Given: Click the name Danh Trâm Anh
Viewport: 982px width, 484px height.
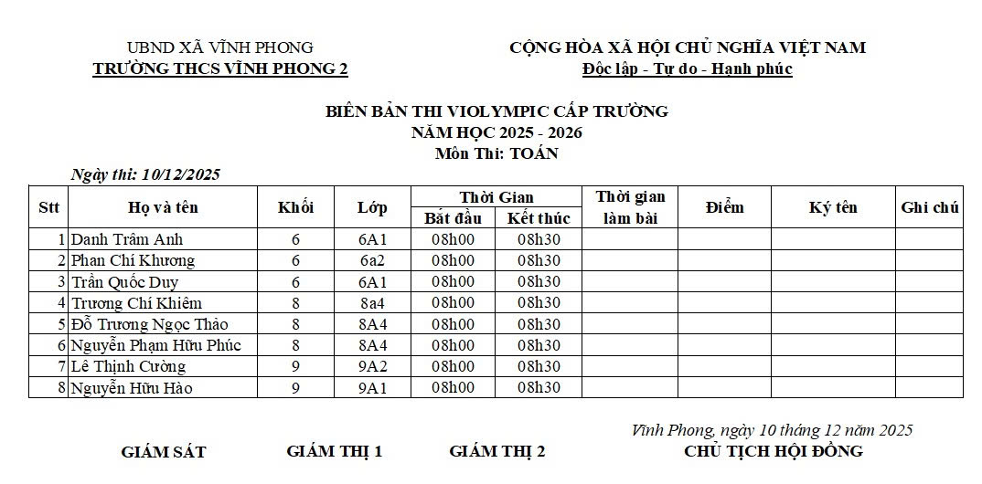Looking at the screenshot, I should coord(127,239).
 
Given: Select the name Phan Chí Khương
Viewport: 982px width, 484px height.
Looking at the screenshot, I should coord(133,260).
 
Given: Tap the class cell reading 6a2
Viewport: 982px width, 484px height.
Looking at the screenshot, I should coord(372,260).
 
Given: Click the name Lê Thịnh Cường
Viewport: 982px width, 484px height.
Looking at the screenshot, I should coord(129,366).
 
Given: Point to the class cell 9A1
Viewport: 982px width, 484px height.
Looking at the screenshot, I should coord(372,388).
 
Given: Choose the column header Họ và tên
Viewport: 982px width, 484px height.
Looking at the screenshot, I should coord(163,207).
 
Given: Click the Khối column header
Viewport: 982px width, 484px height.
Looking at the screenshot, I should coord(295,207).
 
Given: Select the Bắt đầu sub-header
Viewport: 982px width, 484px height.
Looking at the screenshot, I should coord(453,218).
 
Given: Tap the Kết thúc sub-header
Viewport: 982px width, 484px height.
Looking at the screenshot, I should coord(539,218).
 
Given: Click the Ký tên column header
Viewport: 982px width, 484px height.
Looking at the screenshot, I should coord(833,207).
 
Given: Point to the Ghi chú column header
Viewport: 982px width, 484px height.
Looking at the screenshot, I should coord(929,207).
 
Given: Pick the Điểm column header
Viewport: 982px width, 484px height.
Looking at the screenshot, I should coord(724,207).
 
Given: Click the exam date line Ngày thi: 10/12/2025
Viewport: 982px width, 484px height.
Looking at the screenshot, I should coord(145,174).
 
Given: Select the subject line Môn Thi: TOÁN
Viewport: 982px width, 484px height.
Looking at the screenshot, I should coord(496,153).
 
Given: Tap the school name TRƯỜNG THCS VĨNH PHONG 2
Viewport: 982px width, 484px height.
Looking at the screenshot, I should coord(220,69).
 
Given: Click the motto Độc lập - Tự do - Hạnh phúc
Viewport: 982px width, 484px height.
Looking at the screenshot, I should coord(688,69).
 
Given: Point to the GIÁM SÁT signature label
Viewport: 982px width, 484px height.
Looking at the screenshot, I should coord(164,452).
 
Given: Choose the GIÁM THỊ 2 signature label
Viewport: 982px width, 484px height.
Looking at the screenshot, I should coord(497,451).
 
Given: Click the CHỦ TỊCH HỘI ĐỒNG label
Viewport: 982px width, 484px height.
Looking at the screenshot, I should coord(773,451).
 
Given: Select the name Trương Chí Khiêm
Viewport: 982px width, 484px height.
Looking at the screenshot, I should coord(136,303).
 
